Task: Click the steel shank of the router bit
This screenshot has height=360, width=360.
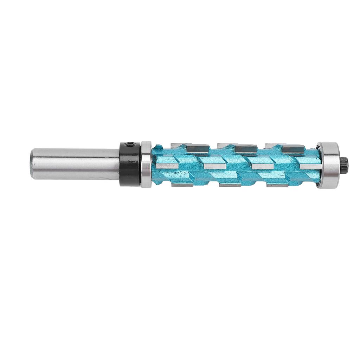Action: pos(77,164)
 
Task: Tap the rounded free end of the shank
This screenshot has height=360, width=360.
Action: pos(33,164)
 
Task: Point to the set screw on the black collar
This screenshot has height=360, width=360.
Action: pos(130,144)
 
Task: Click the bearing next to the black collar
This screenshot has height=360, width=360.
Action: pos(146,164)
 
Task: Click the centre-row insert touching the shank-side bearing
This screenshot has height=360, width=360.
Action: pos(165,166)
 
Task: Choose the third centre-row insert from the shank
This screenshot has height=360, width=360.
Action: pos(262,166)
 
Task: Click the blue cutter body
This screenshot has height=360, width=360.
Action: pos(232,174)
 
